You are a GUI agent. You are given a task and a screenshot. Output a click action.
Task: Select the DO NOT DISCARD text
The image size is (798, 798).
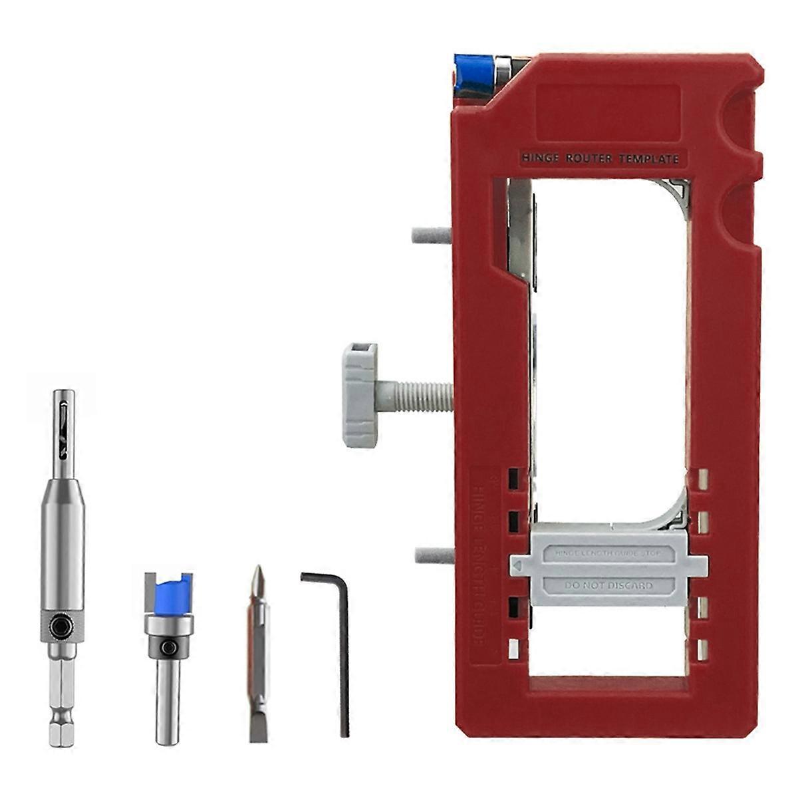point(608,586)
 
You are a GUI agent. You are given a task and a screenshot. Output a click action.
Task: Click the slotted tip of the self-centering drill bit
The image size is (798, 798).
point(63,426)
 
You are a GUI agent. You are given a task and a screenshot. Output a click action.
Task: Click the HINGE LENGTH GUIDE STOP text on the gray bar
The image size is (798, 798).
point(607,553)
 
